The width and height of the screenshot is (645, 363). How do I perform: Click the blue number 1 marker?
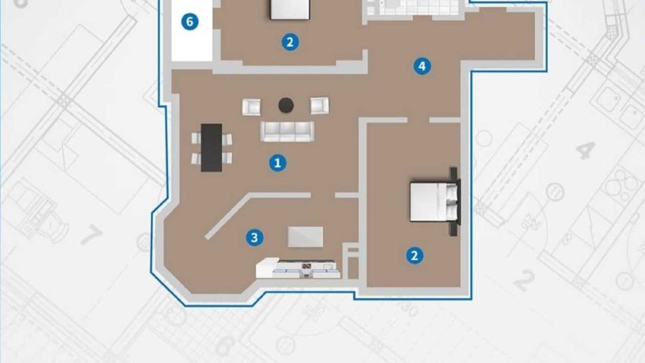278,164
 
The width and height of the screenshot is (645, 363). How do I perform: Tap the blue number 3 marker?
254,238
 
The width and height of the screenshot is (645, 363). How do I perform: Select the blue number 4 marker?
422,66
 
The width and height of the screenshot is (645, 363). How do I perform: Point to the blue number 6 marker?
190,21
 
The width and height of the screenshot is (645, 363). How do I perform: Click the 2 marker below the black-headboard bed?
414,255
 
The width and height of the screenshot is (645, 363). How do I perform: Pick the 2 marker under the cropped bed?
290,42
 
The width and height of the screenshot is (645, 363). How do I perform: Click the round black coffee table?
286,105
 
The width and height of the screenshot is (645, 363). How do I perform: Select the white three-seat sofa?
287,132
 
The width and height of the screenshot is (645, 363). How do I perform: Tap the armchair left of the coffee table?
251,107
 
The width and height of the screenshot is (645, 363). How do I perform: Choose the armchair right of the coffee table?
319,106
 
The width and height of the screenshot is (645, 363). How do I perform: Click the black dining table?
211,147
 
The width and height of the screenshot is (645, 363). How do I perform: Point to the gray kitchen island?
305,238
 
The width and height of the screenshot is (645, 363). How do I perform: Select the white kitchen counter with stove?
297,268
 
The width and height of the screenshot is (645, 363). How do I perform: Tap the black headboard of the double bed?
455,202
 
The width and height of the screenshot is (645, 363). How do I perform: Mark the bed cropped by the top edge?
290,9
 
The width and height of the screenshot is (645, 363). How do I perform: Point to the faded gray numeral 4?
586,150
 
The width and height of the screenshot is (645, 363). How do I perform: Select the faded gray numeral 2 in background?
525,281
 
